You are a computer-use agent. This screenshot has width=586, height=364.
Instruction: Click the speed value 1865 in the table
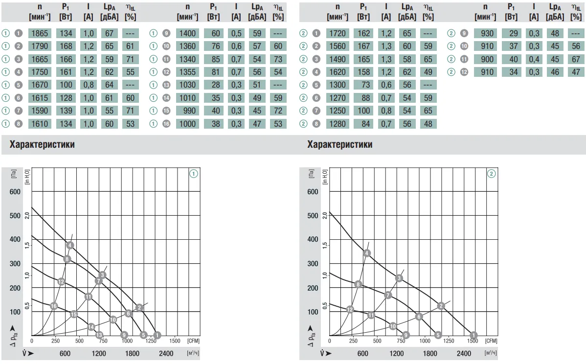click(x=40, y=33)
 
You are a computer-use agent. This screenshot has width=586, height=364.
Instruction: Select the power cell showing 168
click(x=66, y=46)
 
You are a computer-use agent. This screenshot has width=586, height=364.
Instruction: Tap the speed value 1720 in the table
click(x=338, y=33)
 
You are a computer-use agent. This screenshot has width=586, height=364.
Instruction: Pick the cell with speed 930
click(x=485, y=33)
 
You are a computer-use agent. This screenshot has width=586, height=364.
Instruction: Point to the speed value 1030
click(x=187, y=85)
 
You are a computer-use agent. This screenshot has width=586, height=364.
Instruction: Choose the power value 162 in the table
click(x=363, y=33)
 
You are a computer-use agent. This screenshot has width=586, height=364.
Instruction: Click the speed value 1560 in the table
click(x=338, y=46)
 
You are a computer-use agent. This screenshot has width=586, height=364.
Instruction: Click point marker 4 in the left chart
click(x=70, y=245)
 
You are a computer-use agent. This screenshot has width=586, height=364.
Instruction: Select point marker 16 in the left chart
click(x=54, y=306)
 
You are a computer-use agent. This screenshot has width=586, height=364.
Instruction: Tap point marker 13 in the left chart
click(x=99, y=335)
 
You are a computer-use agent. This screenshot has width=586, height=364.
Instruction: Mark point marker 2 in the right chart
click(x=441, y=306)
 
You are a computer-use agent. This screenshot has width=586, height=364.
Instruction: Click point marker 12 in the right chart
click(x=350, y=309)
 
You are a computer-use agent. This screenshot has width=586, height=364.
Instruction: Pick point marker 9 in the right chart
click(x=406, y=335)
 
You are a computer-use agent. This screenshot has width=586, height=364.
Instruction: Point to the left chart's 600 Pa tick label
click(x=15, y=192)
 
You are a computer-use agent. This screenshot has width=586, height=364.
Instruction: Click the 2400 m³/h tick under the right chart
click(x=464, y=354)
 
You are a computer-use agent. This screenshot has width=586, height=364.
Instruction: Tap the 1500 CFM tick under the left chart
click(x=175, y=341)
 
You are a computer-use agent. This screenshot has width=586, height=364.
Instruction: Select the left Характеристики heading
click(x=42, y=145)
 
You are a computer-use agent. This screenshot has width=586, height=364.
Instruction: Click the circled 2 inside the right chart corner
click(x=491, y=174)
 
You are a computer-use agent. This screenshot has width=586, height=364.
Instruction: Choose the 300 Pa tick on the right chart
click(x=313, y=264)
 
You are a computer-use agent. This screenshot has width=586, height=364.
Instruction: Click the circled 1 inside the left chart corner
click(x=194, y=174)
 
